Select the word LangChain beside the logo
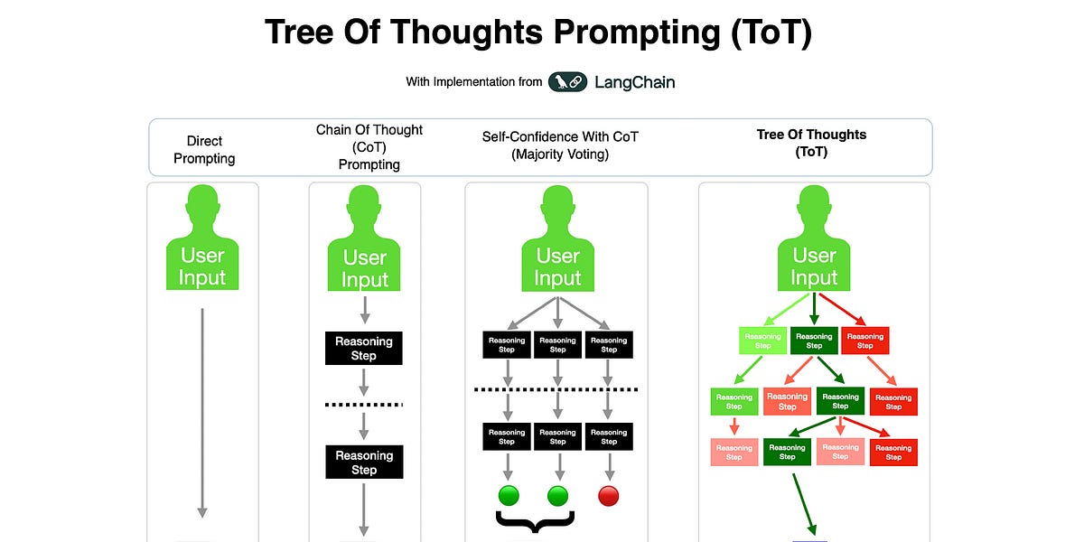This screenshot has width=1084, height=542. [x=634, y=82]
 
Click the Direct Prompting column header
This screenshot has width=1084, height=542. [x=204, y=150]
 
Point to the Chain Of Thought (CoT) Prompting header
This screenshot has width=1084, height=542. [x=369, y=147]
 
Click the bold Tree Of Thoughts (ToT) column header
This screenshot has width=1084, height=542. [x=811, y=144]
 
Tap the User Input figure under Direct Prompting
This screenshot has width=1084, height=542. [x=202, y=239]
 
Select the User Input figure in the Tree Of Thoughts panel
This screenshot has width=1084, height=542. [x=814, y=239]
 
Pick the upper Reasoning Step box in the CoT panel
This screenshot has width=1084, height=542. [x=364, y=348]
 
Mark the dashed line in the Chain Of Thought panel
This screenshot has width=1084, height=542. [x=364, y=405]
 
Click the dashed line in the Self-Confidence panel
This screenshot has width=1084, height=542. [x=556, y=389]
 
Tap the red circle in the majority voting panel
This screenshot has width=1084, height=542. [x=609, y=495]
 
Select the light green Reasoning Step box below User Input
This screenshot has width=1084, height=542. [x=763, y=341]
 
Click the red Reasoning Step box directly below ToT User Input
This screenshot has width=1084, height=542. [x=864, y=341]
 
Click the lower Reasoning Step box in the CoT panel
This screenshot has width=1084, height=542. [x=364, y=463]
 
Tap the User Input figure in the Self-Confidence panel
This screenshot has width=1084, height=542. [x=557, y=239]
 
